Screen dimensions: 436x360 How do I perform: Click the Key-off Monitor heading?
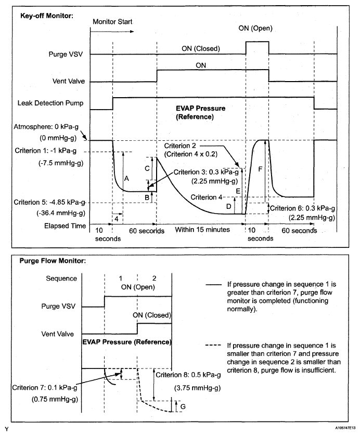click(47, 16)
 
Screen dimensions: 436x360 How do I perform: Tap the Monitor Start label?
click(113, 22)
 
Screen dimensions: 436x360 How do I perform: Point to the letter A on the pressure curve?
click(126, 178)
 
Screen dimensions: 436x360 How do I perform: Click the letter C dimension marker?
click(147, 169)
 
